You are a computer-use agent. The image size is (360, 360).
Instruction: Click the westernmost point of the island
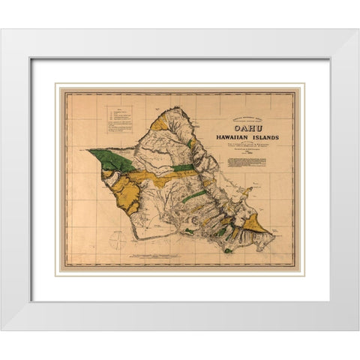coord(88,151)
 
